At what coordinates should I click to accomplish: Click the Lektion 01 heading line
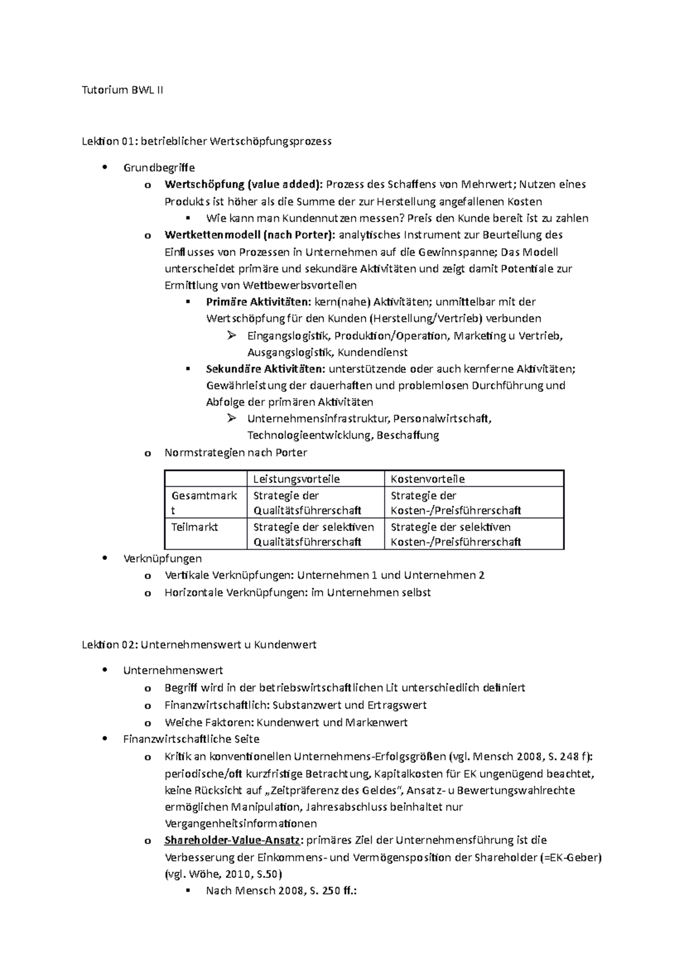click(x=207, y=141)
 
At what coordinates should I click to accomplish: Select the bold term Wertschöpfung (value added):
click(x=243, y=184)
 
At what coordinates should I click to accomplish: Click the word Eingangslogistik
click(x=288, y=336)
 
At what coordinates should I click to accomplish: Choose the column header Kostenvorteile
click(x=427, y=479)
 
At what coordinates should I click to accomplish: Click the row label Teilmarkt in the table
click(x=194, y=527)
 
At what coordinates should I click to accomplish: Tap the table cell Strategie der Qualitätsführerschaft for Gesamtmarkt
click(x=307, y=503)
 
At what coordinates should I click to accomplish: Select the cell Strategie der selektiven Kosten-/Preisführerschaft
click(x=455, y=534)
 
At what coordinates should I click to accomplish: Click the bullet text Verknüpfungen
click(x=162, y=558)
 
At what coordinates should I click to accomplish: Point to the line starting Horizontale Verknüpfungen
click(x=297, y=592)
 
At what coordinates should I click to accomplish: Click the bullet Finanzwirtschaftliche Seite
click(x=191, y=739)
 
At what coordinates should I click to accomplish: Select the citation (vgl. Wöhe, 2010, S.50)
click(x=223, y=874)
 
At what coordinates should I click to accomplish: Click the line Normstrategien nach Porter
click(x=235, y=453)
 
